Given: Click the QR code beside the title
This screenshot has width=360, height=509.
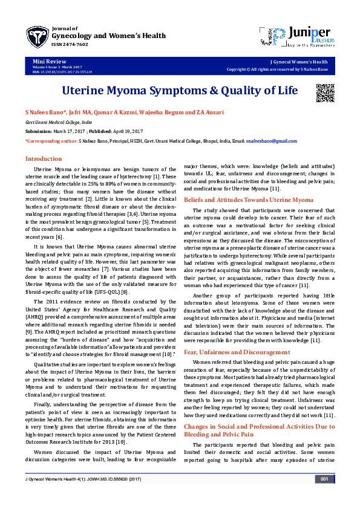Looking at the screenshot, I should (324, 91).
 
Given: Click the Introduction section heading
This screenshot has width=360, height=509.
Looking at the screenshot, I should (43, 158).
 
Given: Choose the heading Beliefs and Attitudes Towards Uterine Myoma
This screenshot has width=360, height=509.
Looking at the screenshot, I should (249, 199).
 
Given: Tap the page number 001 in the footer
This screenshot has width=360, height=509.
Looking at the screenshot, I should (324, 496).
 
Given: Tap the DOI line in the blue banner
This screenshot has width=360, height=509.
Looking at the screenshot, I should (62, 72).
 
